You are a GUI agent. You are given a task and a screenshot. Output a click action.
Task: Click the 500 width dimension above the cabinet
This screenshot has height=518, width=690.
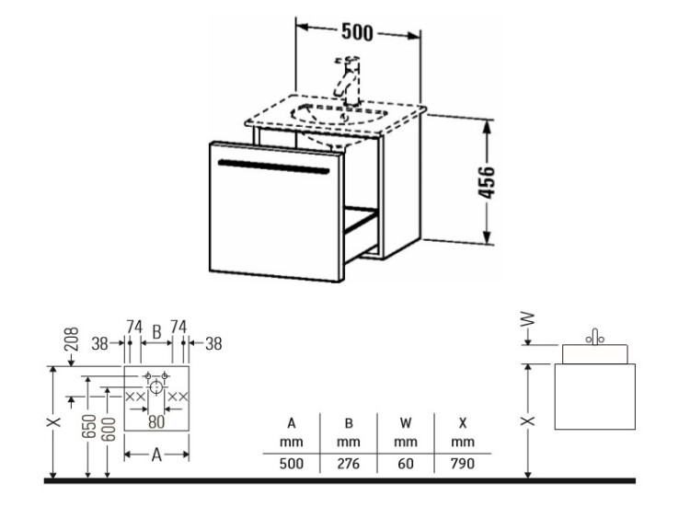click(357, 32)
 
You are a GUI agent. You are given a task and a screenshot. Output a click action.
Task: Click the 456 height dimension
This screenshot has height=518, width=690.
click(487, 182)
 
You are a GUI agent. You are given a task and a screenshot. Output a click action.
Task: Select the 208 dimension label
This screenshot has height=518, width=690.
click(72, 339)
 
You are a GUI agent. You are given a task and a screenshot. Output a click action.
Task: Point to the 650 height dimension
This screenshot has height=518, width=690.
click(89, 426)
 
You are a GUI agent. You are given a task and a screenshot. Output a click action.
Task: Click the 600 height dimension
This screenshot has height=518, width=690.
click(109, 429)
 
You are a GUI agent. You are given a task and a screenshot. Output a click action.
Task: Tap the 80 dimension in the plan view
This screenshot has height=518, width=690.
click(156, 421)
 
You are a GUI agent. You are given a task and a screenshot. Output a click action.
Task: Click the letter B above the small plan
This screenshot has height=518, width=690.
click(156, 332)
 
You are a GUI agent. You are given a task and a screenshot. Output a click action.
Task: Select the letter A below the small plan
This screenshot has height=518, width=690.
click(156, 455)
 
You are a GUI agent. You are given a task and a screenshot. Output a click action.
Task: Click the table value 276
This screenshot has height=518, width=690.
click(348, 464)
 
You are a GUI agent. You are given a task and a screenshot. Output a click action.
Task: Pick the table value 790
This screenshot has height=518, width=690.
click(463, 464)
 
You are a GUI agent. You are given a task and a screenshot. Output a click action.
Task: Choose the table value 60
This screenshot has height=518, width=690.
click(406, 464)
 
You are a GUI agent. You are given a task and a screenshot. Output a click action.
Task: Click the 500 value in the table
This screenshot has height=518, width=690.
click(292, 464)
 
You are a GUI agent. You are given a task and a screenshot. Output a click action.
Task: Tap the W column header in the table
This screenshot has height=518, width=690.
click(406, 423)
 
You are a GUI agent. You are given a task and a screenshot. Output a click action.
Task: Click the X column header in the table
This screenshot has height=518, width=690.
click(463, 423)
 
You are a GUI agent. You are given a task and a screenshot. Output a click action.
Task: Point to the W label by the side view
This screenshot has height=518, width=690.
click(528, 318)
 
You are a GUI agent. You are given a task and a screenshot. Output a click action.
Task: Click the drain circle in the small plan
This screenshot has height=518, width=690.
click(155, 387)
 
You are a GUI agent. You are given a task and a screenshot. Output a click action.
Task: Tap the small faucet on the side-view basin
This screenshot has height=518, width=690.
click(595, 337)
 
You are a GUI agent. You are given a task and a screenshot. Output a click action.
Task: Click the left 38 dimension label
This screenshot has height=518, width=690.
click(99, 344)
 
